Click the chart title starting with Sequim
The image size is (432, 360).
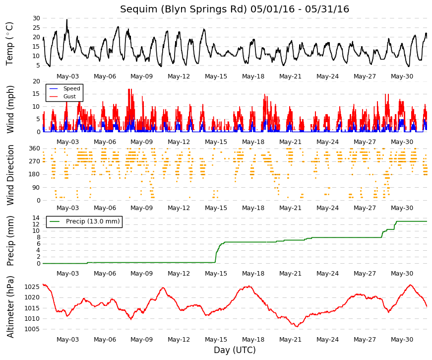point(235,9)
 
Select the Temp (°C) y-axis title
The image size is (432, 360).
point(9,44)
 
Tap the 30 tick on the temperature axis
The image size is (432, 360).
point(36,18)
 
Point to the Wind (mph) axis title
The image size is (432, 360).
point(10,109)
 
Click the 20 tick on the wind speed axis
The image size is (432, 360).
point(36,81)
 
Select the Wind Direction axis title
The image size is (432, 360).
point(10,175)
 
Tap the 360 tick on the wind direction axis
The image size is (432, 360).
point(35,148)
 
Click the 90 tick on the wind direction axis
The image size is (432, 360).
point(36,188)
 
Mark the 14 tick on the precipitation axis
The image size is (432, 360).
point(36,218)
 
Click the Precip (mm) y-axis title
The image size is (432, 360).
point(10,241)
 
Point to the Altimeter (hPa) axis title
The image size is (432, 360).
point(10,307)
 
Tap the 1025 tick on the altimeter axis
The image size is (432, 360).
point(32,287)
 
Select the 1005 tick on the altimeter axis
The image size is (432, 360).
point(32,329)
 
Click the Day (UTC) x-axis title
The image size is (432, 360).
point(235,350)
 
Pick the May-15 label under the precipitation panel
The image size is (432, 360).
point(216,274)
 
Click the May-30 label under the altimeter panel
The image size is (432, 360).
point(402,340)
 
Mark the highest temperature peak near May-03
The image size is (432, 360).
point(66,19)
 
